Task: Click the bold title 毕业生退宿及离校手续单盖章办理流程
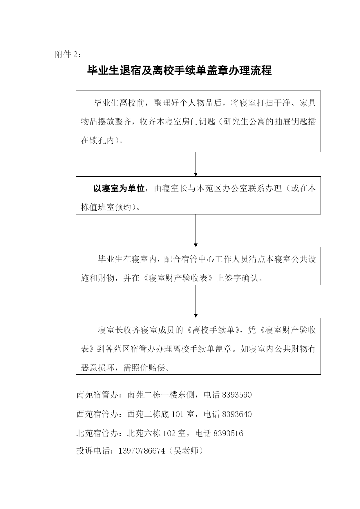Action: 180,71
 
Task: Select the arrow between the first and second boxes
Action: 196,164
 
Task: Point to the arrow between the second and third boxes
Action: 196,231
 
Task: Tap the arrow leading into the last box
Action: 196,301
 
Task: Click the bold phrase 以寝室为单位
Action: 119,189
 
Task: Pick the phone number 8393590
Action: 237,395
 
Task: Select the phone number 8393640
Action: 237,414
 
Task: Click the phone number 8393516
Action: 228,434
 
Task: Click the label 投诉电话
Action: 93,451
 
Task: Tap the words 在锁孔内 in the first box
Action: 98,141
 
